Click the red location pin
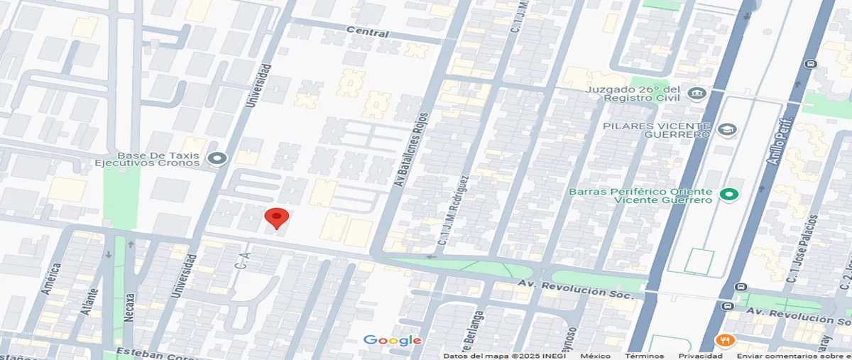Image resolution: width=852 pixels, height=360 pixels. (x=276, y=217)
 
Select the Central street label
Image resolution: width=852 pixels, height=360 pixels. (x=368, y=33)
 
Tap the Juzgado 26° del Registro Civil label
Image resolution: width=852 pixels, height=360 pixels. (x=634, y=94)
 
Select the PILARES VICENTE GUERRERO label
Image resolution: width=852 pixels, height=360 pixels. (x=656, y=130)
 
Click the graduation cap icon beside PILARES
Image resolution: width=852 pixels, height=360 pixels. (x=727, y=130)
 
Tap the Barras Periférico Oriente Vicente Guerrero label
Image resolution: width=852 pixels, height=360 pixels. (x=640, y=195)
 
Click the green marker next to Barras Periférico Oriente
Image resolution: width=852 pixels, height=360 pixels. (x=728, y=195)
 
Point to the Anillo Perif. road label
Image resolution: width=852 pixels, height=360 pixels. (x=780, y=142)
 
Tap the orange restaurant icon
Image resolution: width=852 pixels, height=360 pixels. (x=724, y=340)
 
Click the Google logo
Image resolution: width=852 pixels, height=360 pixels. (x=392, y=341)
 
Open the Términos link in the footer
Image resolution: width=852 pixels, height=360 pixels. (x=645, y=356)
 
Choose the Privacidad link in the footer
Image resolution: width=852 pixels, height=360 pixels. (x=700, y=356)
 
